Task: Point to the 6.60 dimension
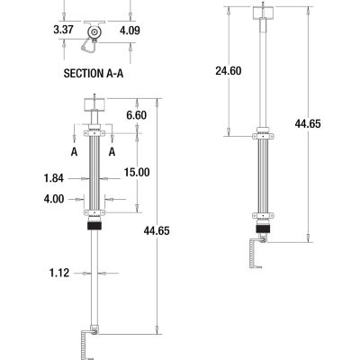click(x=137, y=116)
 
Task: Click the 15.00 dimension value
click(x=137, y=172)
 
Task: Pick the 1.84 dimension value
click(x=53, y=176)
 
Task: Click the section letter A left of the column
click(x=73, y=153)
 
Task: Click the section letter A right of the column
click(x=112, y=153)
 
